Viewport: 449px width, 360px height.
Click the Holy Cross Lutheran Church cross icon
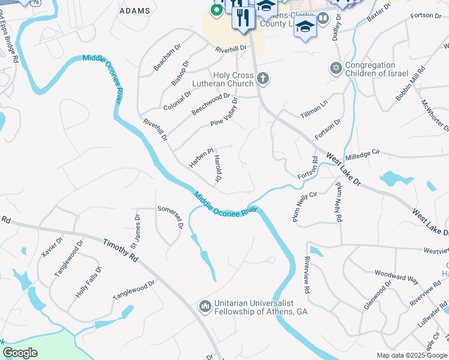point(262,78)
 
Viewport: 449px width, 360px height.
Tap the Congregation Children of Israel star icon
point(336,68)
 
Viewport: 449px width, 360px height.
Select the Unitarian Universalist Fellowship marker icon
point(204,307)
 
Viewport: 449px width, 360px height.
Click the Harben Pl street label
point(201,158)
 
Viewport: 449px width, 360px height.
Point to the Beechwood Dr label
point(211,104)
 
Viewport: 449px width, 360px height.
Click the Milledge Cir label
point(364,154)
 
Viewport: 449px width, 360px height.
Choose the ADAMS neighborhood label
point(135,11)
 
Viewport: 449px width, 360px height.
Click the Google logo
point(20,353)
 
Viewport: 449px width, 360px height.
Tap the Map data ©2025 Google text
point(412,355)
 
